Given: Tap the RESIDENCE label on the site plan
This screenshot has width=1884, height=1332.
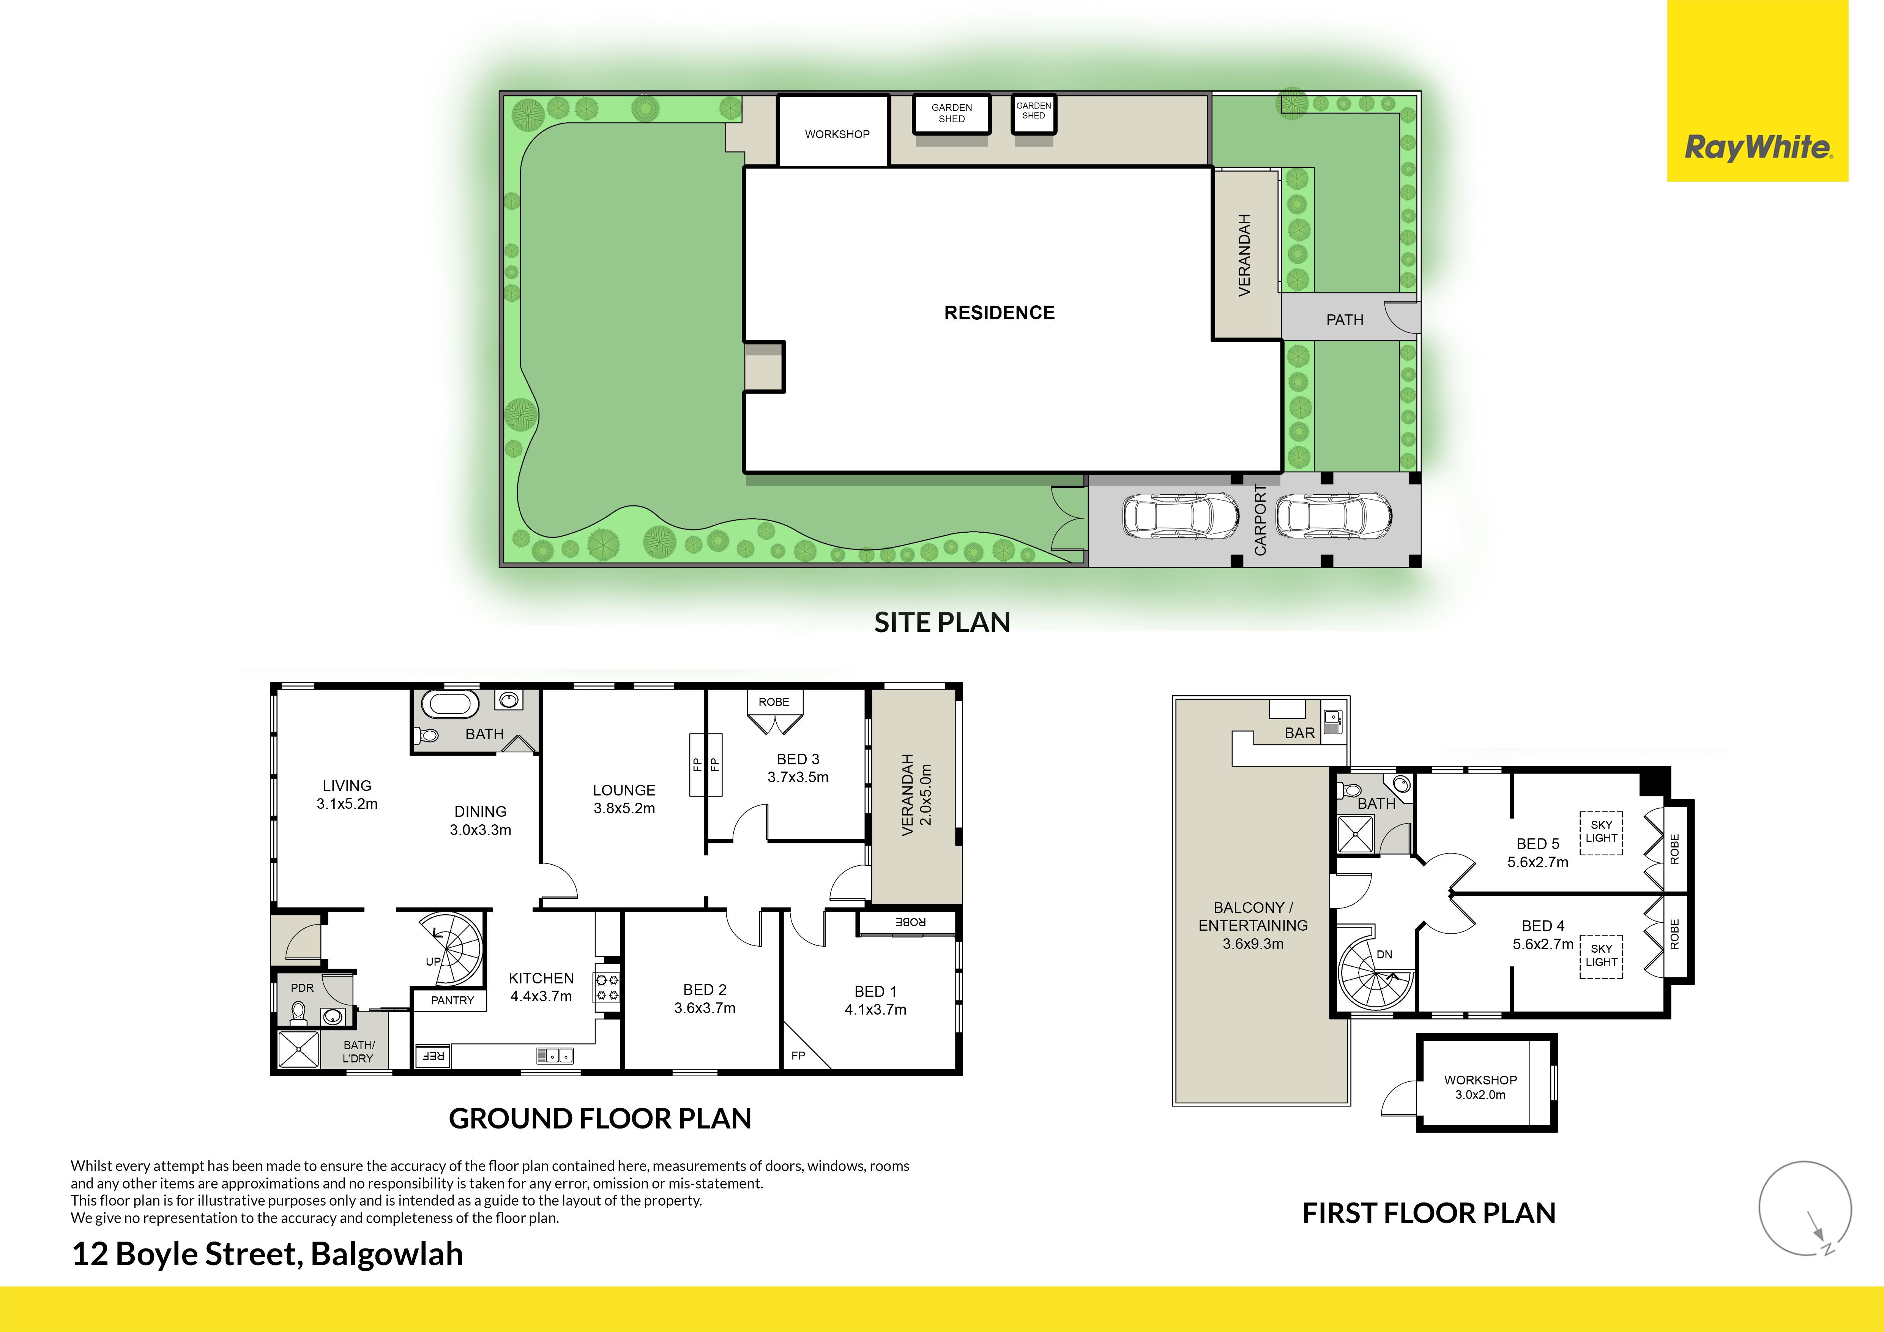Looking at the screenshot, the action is coord(1000,313).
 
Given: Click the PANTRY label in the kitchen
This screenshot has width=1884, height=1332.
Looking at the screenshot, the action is coord(452,1001).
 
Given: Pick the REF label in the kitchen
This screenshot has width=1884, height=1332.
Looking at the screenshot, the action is coord(433,1056).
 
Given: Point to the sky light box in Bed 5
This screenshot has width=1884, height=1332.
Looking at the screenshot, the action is coord(1601,832).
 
